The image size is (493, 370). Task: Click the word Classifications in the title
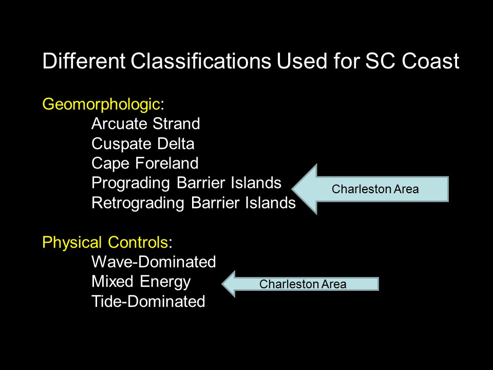pyautogui.click(x=201, y=61)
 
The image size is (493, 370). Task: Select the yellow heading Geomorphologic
pyautogui.click(x=101, y=105)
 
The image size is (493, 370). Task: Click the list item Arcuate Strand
pyautogui.click(x=145, y=123)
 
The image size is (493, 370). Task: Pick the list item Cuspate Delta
pyautogui.click(x=143, y=144)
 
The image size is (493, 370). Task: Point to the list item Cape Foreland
pyautogui.click(x=145, y=163)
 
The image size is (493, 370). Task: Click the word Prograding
pyautogui.click(x=130, y=183)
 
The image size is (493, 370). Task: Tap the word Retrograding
pyautogui.click(x=138, y=203)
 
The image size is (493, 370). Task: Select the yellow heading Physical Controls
pyautogui.click(x=105, y=242)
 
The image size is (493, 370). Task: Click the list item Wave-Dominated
pyautogui.click(x=154, y=262)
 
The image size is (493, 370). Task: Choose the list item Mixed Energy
pyautogui.click(x=141, y=282)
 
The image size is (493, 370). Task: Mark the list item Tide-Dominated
pyautogui.click(x=148, y=301)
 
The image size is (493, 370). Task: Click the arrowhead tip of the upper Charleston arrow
pyautogui.click(x=292, y=189)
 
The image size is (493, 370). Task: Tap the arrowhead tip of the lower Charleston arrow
pyautogui.click(x=222, y=284)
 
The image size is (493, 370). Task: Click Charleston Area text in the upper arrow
pyautogui.click(x=375, y=189)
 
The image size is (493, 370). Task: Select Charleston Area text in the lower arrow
pyautogui.click(x=303, y=284)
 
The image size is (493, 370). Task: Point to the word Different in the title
pyautogui.click(x=84, y=61)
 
